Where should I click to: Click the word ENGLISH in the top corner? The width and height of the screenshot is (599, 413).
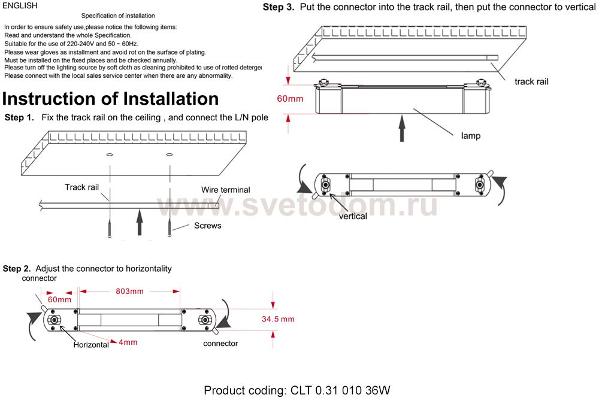pos(20,6)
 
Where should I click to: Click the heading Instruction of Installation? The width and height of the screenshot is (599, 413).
pos(110,98)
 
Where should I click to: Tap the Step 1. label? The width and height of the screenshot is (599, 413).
pos(19,117)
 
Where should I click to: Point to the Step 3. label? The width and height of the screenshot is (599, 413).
pos(279,8)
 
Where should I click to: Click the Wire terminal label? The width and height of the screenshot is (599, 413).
pos(226,190)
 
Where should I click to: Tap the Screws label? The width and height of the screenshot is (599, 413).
pos(207,226)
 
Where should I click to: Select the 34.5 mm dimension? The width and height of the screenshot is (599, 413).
pos(278,319)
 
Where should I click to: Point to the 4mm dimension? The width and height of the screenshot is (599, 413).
pos(128,342)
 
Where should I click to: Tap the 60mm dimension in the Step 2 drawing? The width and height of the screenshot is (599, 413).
pos(59,299)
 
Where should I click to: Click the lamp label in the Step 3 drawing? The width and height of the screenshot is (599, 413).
pos(470,136)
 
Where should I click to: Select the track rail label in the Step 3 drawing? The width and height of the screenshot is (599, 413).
pos(531,81)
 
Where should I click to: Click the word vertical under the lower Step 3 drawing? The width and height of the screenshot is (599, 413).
pos(353,216)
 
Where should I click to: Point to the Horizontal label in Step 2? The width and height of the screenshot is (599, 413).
pos(91,345)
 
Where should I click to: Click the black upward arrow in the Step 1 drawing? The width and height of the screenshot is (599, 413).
pos(140,222)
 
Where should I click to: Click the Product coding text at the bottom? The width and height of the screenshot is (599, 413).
pos(297,391)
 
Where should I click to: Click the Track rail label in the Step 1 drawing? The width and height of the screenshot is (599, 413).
pos(81,187)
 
